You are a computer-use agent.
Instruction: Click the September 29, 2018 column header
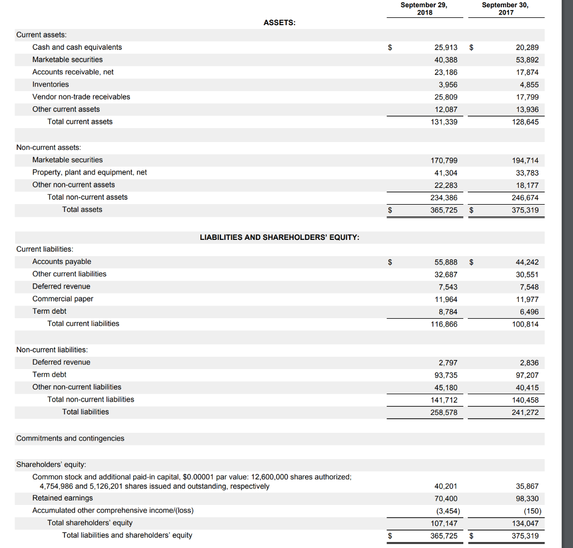[x=424, y=8]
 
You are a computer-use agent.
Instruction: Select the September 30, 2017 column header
[x=505, y=8]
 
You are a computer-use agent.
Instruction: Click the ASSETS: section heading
[x=279, y=22]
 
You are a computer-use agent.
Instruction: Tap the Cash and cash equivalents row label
[x=77, y=47]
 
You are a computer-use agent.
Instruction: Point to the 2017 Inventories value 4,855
[x=528, y=84]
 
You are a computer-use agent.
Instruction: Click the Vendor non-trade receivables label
[x=81, y=97]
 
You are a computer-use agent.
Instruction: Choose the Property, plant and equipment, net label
[x=90, y=172]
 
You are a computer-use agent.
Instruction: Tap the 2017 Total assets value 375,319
[x=525, y=210]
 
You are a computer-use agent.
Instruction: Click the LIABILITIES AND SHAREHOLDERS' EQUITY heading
[x=279, y=237]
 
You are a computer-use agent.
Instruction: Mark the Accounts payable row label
[x=62, y=262]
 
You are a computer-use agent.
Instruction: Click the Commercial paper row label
[x=63, y=299]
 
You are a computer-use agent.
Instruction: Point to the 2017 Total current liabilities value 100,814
[x=525, y=324]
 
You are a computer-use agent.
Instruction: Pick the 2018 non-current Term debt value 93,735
[x=445, y=375]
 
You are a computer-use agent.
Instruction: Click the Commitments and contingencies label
[x=71, y=438]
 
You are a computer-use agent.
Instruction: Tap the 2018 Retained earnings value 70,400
[x=445, y=499]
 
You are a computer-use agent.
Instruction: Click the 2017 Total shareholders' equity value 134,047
[x=525, y=523]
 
